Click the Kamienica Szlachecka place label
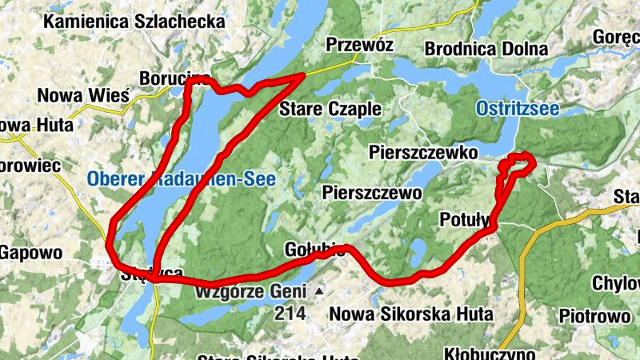point(134,22)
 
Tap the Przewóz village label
point(359,45)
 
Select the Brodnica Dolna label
point(486,48)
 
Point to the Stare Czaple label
point(330,108)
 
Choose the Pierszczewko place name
point(423,152)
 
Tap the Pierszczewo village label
point(372,193)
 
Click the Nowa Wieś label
point(83,97)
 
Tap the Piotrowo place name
point(595,315)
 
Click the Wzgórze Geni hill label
point(250,293)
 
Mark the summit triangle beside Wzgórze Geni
point(319,290)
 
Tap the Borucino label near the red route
point(174,78)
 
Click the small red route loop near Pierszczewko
point(518,162)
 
